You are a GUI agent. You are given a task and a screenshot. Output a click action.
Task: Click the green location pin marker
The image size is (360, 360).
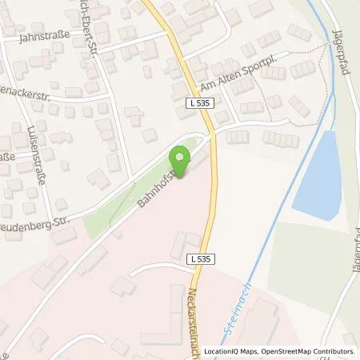[x=180, y=158]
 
